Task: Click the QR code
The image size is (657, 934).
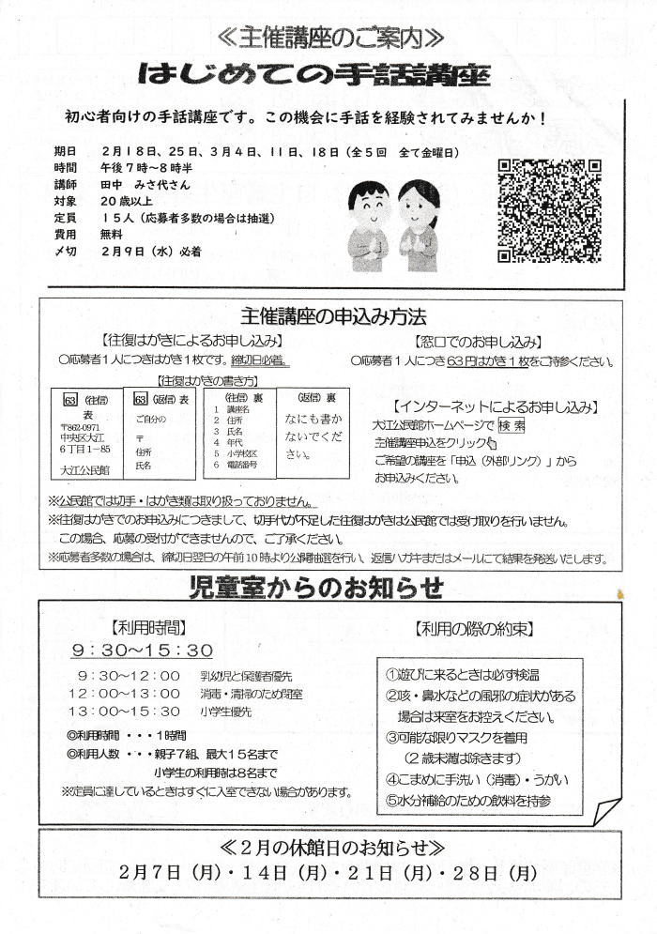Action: (549, 210)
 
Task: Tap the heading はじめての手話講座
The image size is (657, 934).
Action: (328, 75)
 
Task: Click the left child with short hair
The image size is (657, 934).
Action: (369, 223)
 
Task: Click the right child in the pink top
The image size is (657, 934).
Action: (418, 223)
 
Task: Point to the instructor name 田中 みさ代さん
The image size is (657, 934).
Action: (144, 184)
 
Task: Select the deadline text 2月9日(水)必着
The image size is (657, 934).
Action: (152, 252)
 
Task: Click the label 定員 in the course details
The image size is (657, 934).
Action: (66, 218)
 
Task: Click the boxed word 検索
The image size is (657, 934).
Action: (511, 424)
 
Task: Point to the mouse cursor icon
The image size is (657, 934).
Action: (491, 442)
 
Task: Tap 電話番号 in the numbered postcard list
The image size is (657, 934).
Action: (243, 467)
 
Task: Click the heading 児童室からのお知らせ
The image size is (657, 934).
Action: (328, 589)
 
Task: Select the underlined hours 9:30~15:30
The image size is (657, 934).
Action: (143, 650)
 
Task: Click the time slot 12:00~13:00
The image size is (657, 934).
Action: (130, 694)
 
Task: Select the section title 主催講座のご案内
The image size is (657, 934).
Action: (329, 38)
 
